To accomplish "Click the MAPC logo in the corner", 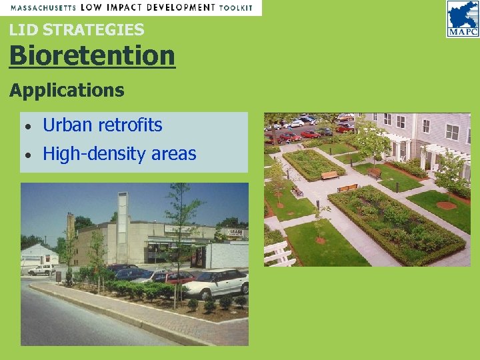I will [462, 18].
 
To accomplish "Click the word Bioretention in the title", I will [92, 55].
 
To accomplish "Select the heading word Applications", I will [67, 90].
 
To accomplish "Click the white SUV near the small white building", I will [41, 269].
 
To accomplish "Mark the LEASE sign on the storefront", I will [233, 232].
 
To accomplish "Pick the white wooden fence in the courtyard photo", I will [279, 253].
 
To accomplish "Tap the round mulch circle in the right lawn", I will [446, 205].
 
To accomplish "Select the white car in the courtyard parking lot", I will [296, 123].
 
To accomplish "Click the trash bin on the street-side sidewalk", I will [59, 275].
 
